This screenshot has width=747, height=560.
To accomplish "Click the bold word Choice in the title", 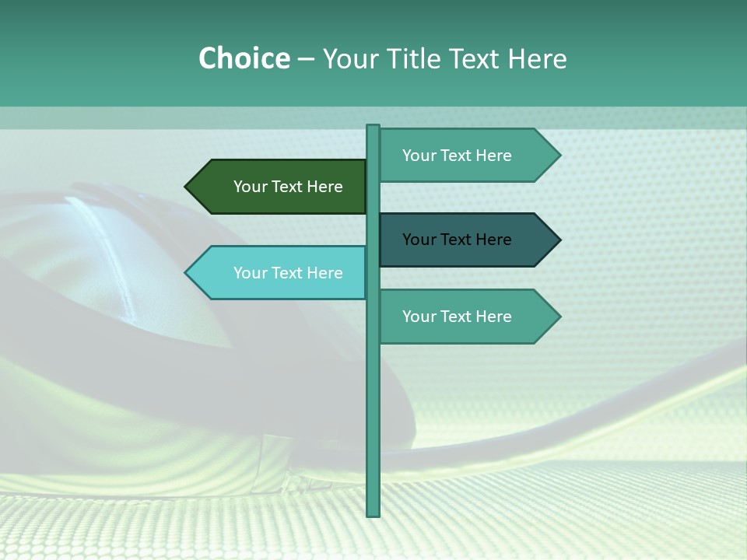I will pos(244,58).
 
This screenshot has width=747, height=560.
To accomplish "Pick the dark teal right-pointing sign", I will pos(463,240).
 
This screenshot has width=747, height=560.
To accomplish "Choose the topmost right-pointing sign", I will pos(463,156).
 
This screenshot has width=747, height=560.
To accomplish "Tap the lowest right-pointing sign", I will pos(463,317).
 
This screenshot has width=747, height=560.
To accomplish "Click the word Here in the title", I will pos(537,58).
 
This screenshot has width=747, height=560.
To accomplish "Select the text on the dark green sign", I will pos(288,187).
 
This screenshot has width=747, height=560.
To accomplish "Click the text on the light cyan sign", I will pos(288,273).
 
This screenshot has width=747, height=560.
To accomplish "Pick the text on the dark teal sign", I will pos(457,240).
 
